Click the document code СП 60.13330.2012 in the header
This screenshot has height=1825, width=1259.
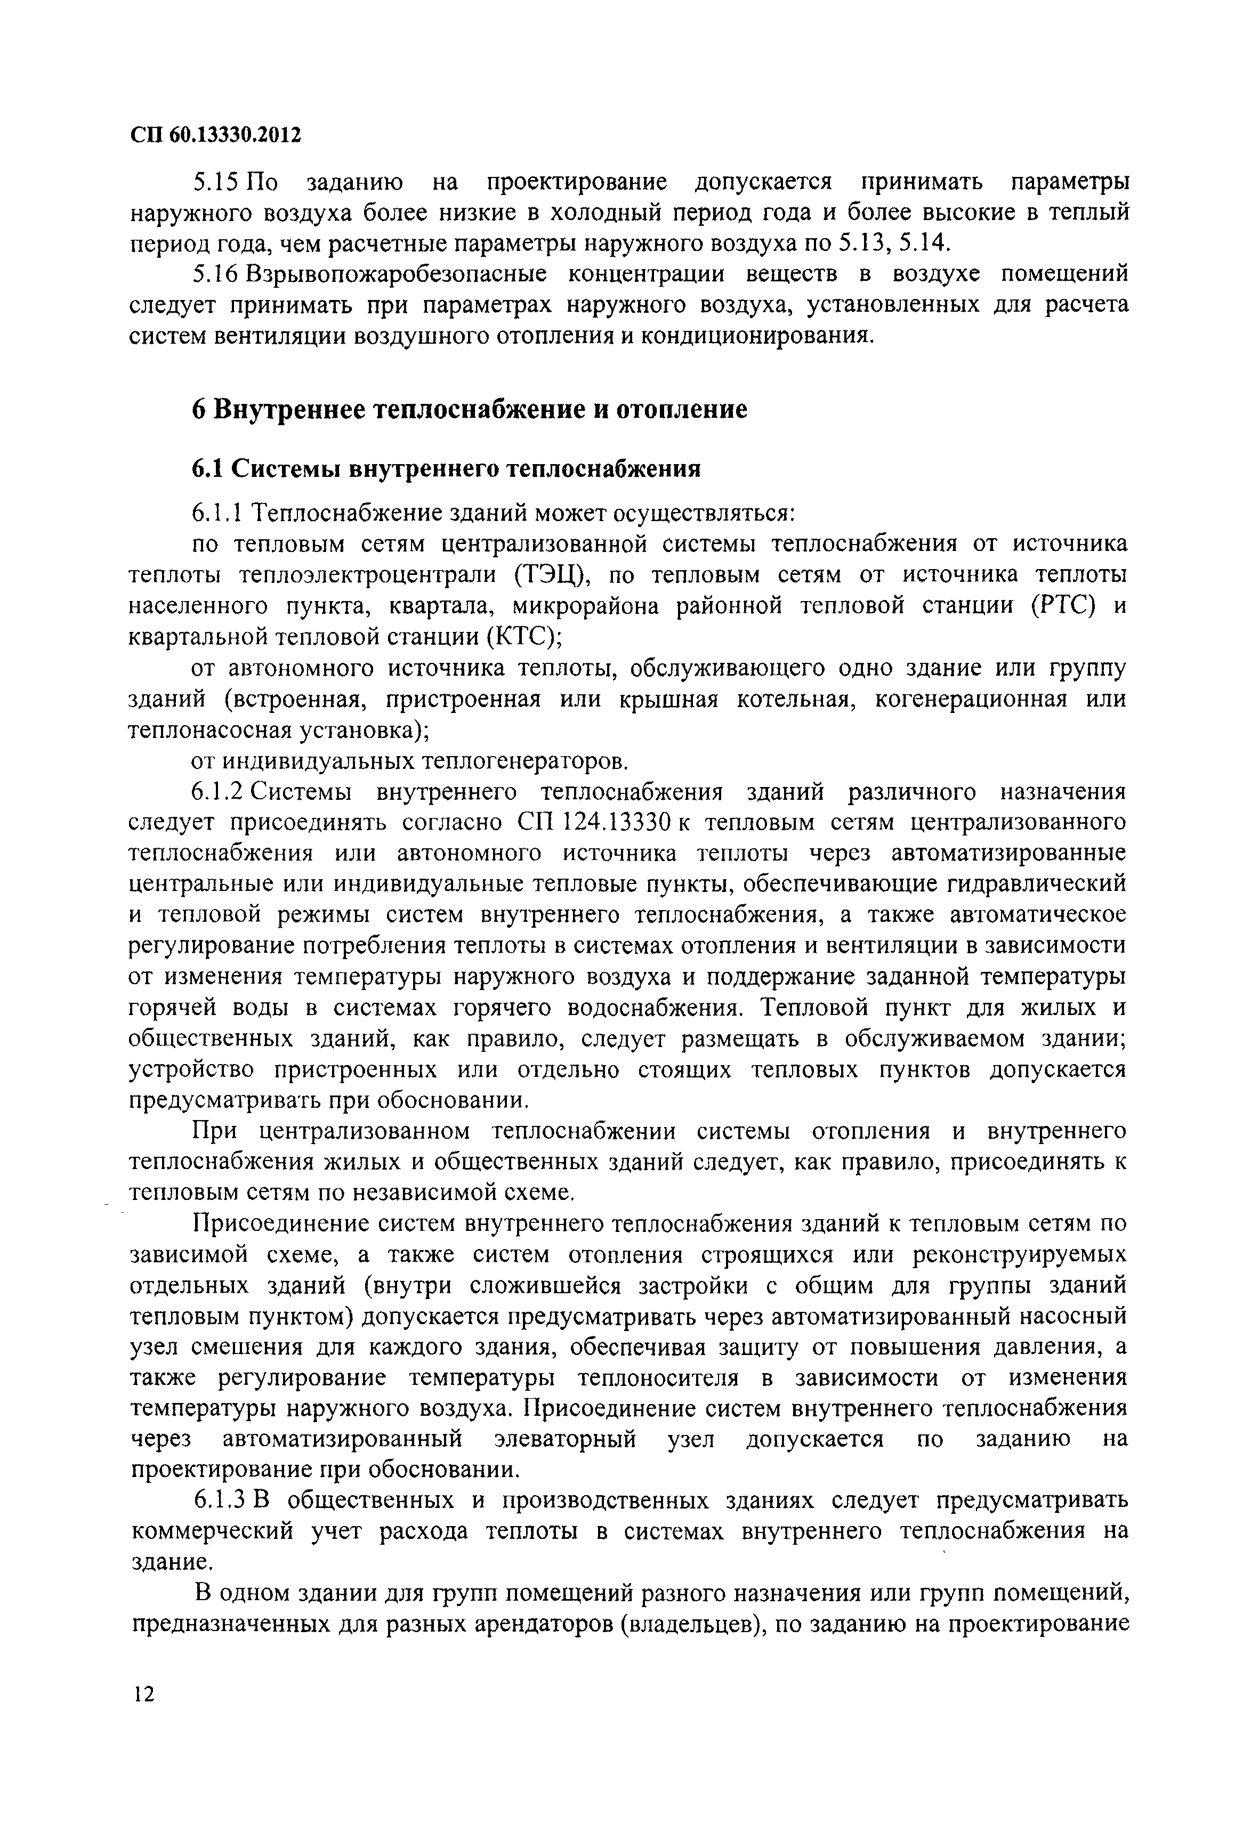coord(215,136)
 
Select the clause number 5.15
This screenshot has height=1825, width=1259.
coord(215,183)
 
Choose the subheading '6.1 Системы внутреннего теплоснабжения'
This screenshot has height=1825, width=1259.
coord(447,469)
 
